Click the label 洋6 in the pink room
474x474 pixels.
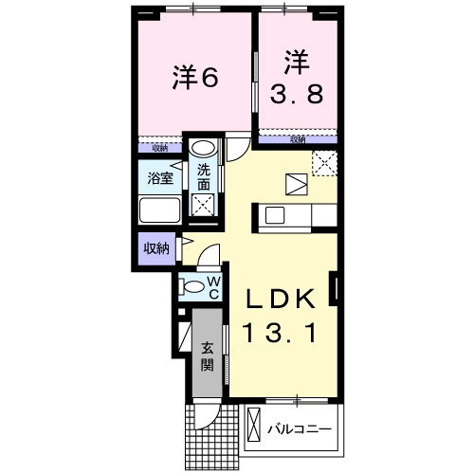(x=195, y=77)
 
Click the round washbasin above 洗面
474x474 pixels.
(x=203, y=149)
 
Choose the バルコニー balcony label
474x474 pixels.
(x=298, y=429)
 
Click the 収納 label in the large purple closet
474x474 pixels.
(x=156, y=249)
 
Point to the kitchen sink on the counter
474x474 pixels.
(x=276, y=216)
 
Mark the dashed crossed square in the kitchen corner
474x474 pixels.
(x=326, y=162)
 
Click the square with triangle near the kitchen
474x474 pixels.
(x=295, y=183)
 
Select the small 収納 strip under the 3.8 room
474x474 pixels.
(x=298, y=140)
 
